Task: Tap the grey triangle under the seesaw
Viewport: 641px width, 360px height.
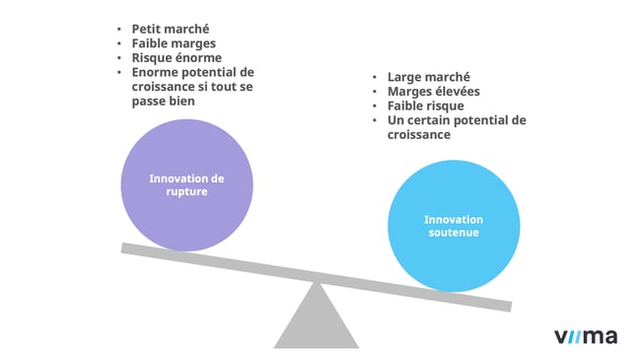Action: tap(316, 321)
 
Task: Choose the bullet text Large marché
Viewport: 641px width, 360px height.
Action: tap(429, 76)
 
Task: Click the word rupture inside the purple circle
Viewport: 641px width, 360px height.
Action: tap(187, 192)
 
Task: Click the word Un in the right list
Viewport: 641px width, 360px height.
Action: tap(396, 120)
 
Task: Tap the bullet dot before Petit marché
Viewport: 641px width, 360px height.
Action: tap(119, 29)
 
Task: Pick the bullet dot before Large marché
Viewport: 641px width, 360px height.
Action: tap(376, 76)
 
